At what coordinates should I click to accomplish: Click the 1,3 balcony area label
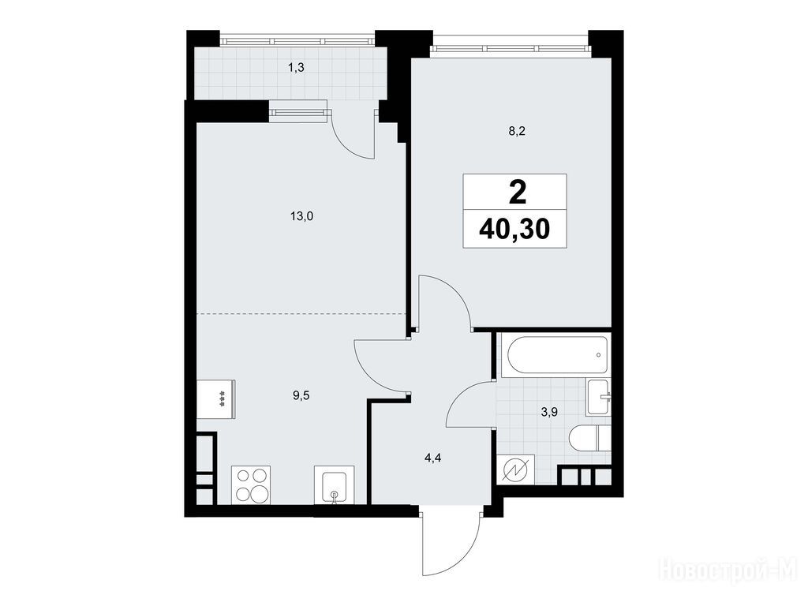pos(297,68)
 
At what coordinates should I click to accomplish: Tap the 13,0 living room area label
pos(301,216)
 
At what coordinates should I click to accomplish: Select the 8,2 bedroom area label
pos(516,131)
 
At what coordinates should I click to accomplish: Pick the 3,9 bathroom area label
pos(550,412)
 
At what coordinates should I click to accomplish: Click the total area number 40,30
pos(514,230)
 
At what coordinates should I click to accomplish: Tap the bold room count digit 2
pos(517,193)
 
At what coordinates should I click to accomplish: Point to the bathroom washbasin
pos(599,396)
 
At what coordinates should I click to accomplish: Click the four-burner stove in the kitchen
pos(251,485)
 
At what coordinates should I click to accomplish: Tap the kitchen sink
pos(335,485)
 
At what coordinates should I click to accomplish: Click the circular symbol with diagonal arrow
pos(516,471)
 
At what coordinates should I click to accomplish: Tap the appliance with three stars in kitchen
pos(216,398)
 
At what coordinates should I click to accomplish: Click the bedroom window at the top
pos(511,48)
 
